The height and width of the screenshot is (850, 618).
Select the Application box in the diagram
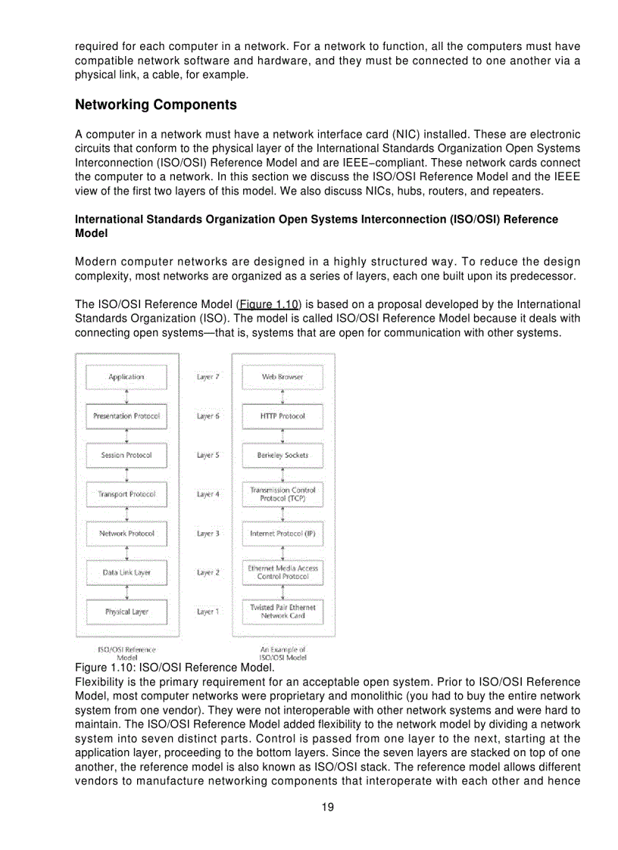coord(126,377)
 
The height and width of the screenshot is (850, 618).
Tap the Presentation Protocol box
coord(126,416)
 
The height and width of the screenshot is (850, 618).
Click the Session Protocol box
coord(126,456)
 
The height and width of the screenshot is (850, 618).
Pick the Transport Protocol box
coord(126,494)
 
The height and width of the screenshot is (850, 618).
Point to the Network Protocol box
coord(126,534)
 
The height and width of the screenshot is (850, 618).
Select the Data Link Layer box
coord(126,573)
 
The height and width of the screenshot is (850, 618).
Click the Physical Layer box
coord(126,612)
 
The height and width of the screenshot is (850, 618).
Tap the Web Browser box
coord(282,377)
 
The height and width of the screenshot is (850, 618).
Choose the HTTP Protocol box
coord(282,416)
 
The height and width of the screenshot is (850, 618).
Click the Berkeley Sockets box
coord(282,456)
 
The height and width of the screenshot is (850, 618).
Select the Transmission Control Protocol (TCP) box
coord(282,494)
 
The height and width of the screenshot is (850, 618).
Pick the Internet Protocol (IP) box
coord(282,534)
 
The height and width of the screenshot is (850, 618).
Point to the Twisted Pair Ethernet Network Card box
coord(282,612)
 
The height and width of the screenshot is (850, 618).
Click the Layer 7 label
coord(208,377)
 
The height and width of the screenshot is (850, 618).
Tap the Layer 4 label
coord(208,494)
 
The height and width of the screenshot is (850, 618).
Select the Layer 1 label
coord(208,612)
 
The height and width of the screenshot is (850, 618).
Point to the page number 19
coord(327,807)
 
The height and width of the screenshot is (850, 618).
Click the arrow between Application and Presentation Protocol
coord(126,397)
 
